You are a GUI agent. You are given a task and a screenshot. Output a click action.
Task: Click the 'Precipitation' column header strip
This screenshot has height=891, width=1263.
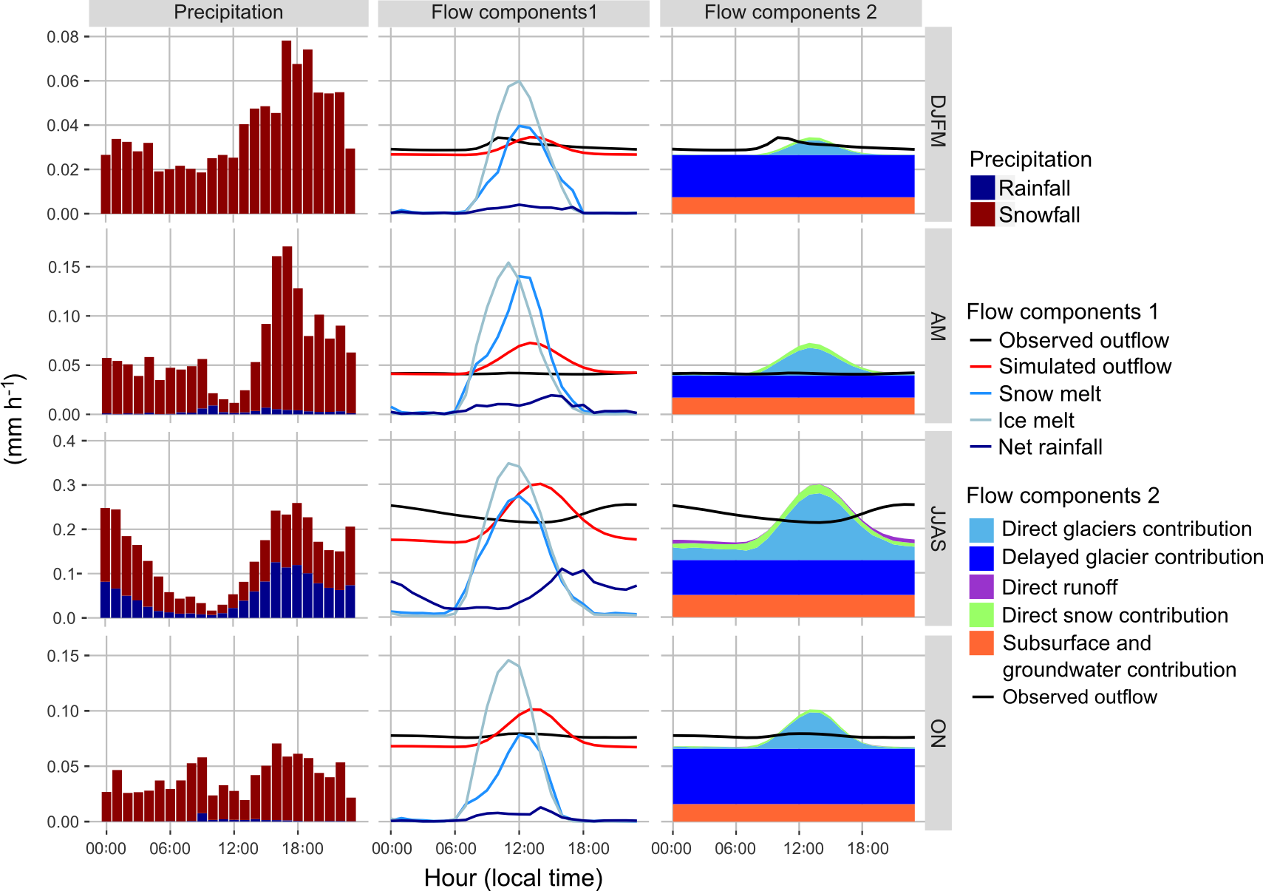click(228, 13)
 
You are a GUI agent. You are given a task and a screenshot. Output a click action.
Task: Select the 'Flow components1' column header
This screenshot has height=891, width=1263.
click(514, 13)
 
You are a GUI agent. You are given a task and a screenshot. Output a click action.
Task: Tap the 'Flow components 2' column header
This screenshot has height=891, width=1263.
click(790, 13)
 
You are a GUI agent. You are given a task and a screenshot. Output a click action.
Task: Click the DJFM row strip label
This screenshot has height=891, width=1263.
click(938, 122)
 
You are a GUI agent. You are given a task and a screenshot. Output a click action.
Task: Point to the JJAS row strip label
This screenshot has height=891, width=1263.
click(938, 529)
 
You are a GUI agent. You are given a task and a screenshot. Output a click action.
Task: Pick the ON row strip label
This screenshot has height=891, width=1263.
click(938, 733)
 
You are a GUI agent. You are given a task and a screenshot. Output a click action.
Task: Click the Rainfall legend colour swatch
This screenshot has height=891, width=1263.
click(982, 188)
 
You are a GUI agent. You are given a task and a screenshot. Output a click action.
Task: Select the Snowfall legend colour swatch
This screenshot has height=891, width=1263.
click(982, 214)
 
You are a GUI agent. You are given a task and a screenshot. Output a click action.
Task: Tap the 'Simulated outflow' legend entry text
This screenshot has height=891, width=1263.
click(1085, 367)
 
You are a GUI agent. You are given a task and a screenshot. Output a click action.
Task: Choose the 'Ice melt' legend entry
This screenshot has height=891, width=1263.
click(1036, 421)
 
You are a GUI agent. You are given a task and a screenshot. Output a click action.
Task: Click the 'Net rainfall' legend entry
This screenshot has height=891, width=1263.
click(1050, 447)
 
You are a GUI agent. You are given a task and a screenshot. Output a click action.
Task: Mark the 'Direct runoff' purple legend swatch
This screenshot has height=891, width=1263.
click(981, 587)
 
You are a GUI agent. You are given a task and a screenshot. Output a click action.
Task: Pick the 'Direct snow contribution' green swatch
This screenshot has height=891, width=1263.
click(981, 615)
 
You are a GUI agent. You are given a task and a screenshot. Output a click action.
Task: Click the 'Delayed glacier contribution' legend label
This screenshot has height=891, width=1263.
click(1132, 557)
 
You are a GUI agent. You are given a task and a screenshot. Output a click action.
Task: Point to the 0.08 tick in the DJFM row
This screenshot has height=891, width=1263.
click(63, 37)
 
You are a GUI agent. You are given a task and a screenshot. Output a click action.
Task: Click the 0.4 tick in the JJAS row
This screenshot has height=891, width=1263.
click(64, 441)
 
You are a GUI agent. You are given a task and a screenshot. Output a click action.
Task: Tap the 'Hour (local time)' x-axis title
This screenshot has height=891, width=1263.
click(514, 878)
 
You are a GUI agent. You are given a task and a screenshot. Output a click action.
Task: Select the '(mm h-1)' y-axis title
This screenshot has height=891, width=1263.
click(15, 420)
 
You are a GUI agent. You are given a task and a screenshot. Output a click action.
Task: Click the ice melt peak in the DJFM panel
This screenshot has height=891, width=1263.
click(519, 81)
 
